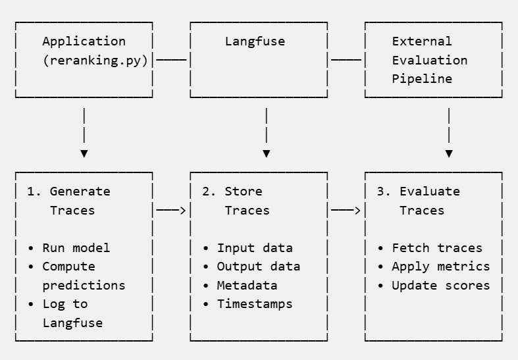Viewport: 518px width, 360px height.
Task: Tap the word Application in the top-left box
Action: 84,41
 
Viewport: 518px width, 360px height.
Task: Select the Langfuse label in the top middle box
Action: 255,41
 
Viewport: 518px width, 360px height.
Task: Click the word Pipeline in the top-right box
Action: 422,78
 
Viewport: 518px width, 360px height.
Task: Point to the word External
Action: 422,41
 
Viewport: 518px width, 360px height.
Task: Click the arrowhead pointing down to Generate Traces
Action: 84,153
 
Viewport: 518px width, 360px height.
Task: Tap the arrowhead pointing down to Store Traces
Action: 266,153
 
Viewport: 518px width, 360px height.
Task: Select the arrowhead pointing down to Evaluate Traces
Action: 449,153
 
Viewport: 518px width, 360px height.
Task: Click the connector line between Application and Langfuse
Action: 171,60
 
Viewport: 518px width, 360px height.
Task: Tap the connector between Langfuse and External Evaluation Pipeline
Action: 346,60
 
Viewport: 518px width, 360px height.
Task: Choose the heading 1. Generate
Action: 68,192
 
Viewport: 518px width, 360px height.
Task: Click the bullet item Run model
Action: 76,248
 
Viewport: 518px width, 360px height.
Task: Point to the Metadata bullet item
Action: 247,286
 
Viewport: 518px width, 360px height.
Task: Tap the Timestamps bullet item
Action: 254,304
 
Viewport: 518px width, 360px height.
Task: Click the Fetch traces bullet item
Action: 436,248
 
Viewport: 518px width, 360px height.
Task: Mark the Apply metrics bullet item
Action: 440,267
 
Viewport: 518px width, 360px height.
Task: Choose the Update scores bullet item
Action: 440,286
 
